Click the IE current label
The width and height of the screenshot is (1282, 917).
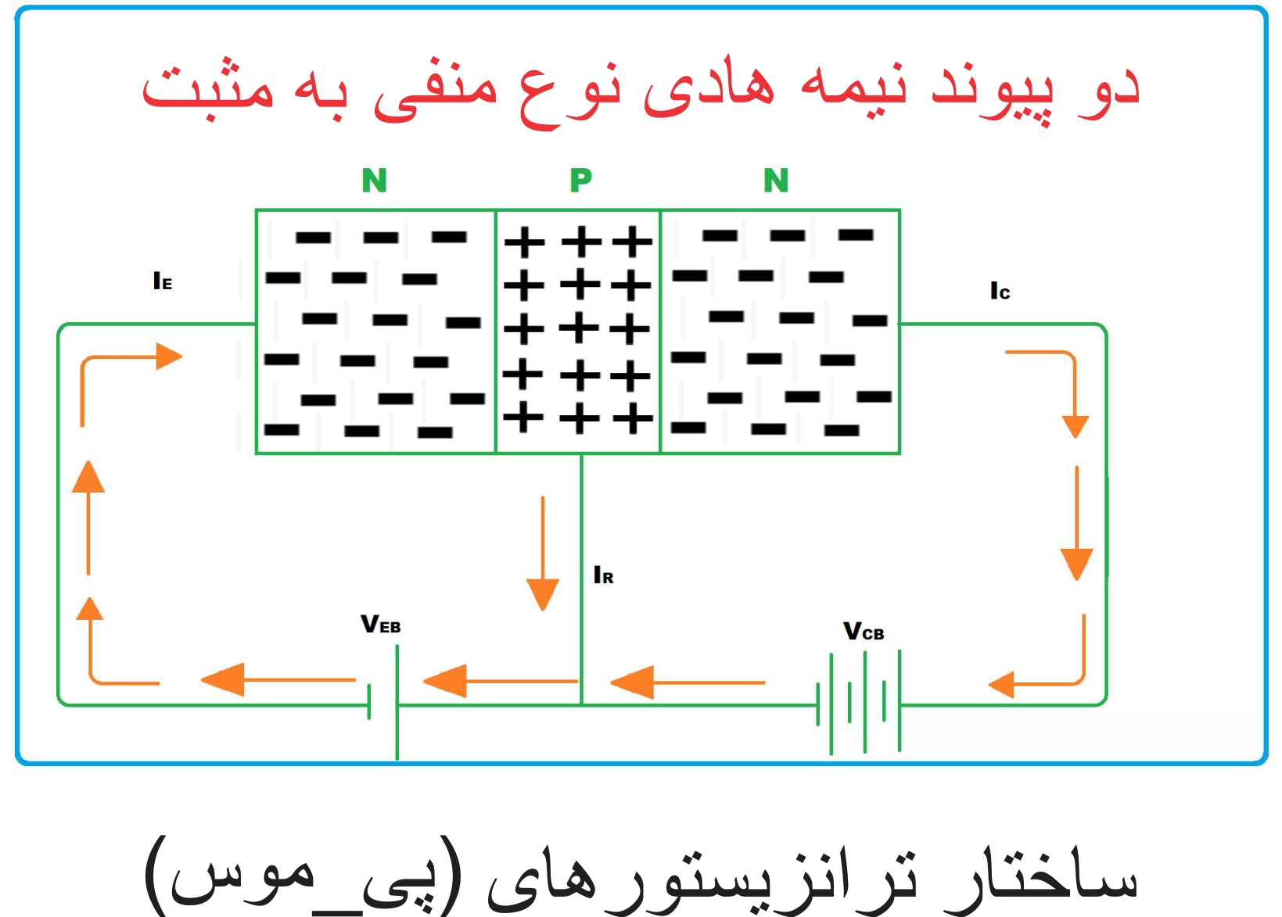click(x=163, y=281)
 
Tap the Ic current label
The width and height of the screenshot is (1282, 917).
click(x=1000, y=292)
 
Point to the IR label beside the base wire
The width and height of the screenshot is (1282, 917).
click(x=603, y=576)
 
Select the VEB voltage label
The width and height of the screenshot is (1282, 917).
click(x=381, y=625)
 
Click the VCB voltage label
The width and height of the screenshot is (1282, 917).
click(x=864, y=632)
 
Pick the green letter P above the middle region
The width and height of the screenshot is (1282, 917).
click(x=580, y=181)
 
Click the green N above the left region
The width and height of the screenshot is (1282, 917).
click(x=374, y=181)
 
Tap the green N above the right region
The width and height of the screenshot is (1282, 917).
click(x=776, y=181)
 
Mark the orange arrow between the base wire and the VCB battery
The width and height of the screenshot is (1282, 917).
click(x=687, y=682)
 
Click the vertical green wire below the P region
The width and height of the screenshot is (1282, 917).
click(x=581, y=578)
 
